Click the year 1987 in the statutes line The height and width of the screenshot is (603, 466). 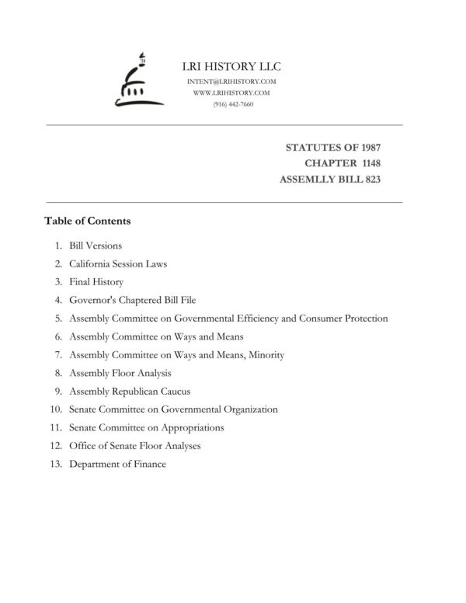[367, 147]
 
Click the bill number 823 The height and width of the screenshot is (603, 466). [368, 180]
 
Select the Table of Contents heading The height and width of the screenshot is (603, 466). [88, 221]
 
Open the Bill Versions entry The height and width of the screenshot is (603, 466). [96, 246]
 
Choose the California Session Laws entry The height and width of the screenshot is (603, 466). [118, 263]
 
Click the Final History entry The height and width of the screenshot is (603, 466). [96, 282]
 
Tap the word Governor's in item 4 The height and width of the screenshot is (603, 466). [93, 300]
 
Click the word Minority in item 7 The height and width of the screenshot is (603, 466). [266, 355]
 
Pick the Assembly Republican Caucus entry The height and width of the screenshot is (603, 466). [130, 392]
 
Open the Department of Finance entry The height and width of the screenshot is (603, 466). [118, 465]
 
